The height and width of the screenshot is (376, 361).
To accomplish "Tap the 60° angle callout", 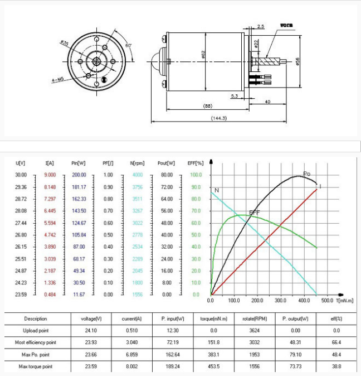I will (x=129, y=45).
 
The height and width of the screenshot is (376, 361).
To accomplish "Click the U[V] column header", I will (x=21, y=163).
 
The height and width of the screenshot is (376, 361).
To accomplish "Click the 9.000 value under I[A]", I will (x=49, y=175).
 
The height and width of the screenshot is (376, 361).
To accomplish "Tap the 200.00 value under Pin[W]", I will (x=79, y=175).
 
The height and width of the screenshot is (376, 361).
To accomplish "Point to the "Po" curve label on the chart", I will (x=306, y=174).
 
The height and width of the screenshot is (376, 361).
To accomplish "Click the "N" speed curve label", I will (x=216, y=191).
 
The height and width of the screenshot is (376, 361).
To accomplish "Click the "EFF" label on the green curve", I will (x=254, y=213).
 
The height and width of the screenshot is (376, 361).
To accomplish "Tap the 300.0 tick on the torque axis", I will (x=280, y=300).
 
